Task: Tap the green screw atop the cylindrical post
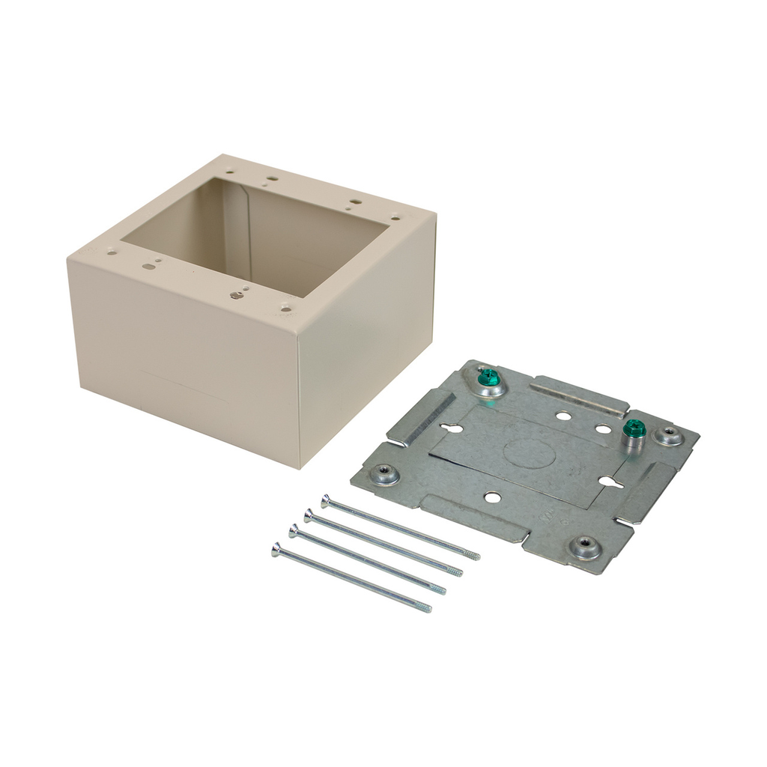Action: click(x=634, y=428)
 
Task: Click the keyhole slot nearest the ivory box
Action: click(x=451, y=428)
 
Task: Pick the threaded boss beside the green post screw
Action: click(x=669, y=434)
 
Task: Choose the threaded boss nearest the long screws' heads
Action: click(x=386, y=473)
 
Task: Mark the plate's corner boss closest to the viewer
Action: click(x=585, y=547)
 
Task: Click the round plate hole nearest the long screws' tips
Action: click(x=491, y=496)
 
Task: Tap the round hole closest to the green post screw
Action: click(x=603, y=429)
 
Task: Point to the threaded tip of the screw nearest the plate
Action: click(x=473, y=556)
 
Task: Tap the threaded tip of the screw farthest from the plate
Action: click(x=426, y=608)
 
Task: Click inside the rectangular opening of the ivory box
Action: click(x=255, y=232)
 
